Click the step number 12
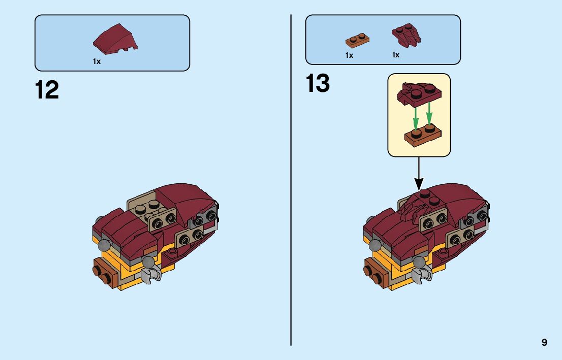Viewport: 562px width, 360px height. click(x=47, y=90)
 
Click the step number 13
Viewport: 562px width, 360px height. click(x=318, y=84)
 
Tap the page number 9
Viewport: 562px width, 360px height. click(x=544, y=342)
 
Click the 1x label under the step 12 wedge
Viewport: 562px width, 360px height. click(x=97, y=61)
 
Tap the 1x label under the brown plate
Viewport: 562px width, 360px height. click(x=349, y=55)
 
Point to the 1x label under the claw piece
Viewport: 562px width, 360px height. click(x=396, y=55)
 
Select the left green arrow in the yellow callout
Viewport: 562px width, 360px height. click(x=415, y=115)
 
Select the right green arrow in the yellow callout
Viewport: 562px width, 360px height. click(x=429, y=114)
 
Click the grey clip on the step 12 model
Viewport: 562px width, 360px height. click(x=152, y=274)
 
